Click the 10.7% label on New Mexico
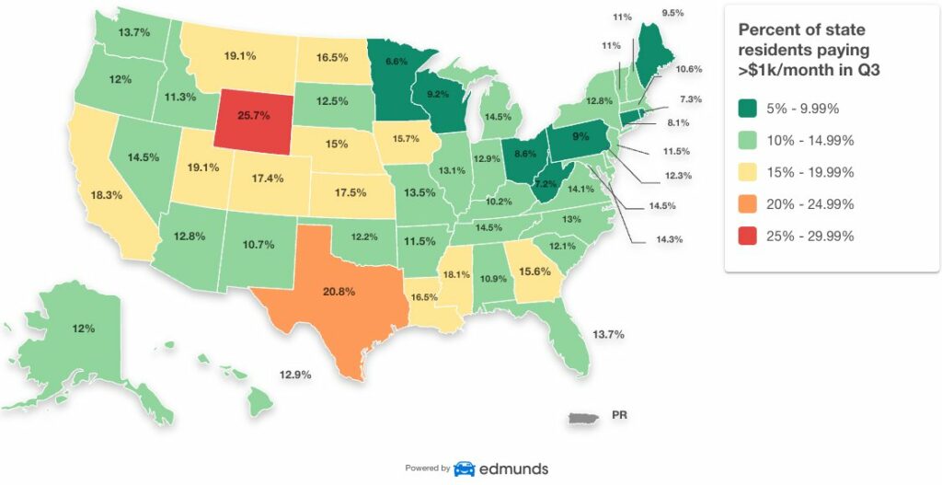click(258, 245)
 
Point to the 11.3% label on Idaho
click(179, 97)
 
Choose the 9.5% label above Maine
click(673, 14)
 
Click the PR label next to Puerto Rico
click(620, 416)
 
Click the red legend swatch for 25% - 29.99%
click(750, 236)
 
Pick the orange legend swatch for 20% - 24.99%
click(750, 203)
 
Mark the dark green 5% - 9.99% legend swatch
click(750, 109)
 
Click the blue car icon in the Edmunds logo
click(465, 468)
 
